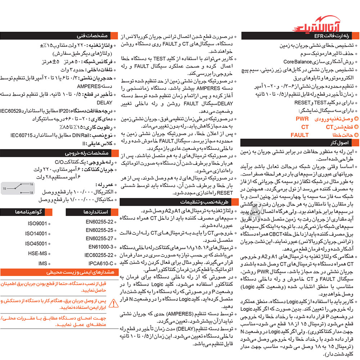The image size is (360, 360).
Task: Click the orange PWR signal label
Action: pos(302,119)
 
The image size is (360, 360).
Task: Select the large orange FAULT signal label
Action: pos(300,135)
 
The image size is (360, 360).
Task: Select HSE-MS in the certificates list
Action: pos(37,253)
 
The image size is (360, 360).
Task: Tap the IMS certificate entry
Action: pos(42,263)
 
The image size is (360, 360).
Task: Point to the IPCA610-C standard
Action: pos(101,263)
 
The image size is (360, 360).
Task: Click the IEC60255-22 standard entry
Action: pos(99,255)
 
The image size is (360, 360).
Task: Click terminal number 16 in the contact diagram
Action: pos(31,184)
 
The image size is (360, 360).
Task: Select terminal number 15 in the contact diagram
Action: pos(4,188)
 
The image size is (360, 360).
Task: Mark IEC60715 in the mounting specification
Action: pos(22,135)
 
